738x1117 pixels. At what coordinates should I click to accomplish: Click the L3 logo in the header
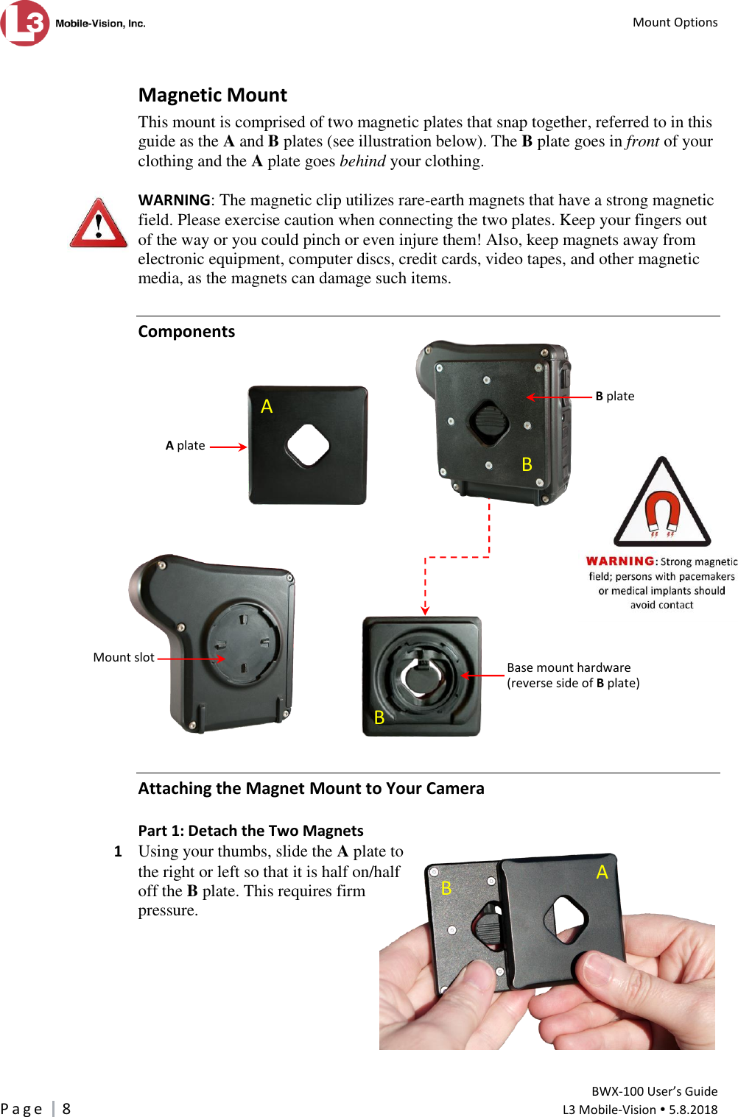pyautogui.click(x=26, y=23)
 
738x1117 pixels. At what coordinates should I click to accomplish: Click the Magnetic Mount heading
pyautogui.click(x=212, y=95)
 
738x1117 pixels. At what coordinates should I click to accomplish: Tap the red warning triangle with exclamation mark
pyautogui.click(x=99, y=223)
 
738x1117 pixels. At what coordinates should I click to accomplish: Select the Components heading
pyautogui.click(x=186, y=331)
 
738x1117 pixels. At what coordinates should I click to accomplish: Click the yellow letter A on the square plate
pyautogui.click(x=267, y=406)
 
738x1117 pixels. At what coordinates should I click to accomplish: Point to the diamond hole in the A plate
pyautogui.click(x=308, y=444)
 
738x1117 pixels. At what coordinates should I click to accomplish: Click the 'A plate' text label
pyautogui.click(x=185, y=445)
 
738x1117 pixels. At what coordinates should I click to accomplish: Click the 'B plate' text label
pyautogui.click(x=614, y=396)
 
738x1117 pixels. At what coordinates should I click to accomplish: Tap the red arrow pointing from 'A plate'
pyautogui.click(x=228, y=447)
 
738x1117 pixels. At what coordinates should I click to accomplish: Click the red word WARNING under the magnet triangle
pyautogui.click(x=619, y=561)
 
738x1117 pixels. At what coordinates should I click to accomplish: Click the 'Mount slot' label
pyautogui.click(x=124, y=657)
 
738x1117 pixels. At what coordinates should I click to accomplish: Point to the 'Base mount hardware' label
pyautogui.click(x=569, y=667)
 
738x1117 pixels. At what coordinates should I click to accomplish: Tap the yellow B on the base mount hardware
pyautogui.click(x=379, y=717)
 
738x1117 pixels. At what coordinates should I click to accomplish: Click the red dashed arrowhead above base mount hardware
pyautogui.click(x=425, y=609)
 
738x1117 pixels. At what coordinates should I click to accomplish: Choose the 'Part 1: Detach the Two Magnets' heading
pyautogui.click(x=250, y=831)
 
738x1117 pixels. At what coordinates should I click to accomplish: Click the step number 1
pyautogui.click(x=118, y=851)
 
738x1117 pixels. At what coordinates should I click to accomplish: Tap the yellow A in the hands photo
pyautogui.click(x=602, y=872)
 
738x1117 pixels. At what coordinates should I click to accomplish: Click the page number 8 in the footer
pyautogui.click(x=66, y=1109)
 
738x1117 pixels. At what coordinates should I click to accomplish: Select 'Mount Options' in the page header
pyautogui.click(x=675, y=22)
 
